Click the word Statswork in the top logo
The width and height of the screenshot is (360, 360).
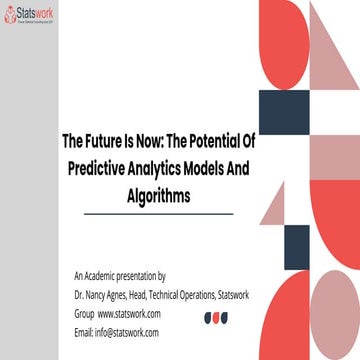tap(36, 16)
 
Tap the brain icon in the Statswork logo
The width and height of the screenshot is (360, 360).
tap(11, 17)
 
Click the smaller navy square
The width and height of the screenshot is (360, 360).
tap(296, 246)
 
